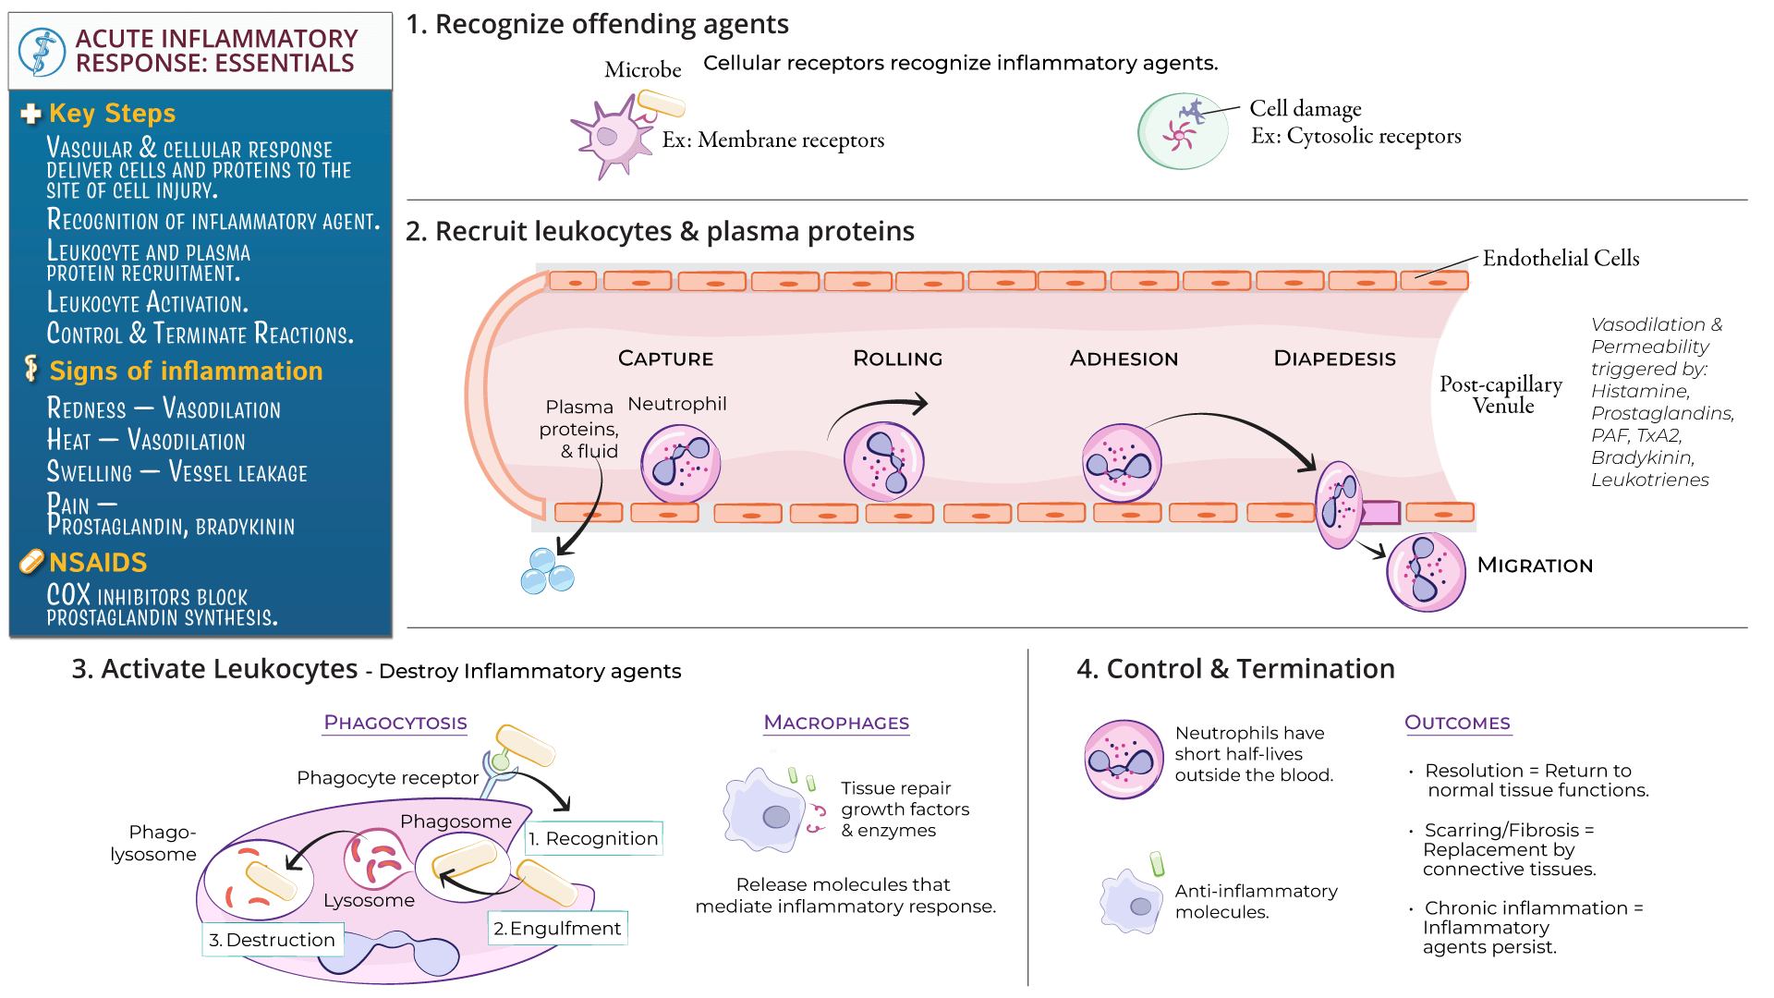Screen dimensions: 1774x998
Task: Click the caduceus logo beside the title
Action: click(x=42, y=51)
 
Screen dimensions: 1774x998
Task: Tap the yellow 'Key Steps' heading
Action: click(x=112, y=113)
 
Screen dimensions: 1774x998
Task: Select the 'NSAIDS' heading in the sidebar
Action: click(x=98, y=562)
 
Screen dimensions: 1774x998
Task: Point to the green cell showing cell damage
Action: click(x=1183, y=131)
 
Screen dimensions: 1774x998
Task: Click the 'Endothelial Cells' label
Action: click(x=1561, y=258)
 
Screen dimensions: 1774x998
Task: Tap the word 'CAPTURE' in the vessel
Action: click(x=665, y=359)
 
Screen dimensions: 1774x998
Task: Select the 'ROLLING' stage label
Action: click(x=897, y=359)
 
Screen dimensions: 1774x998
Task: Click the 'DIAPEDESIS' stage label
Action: click(x=1334, y=359)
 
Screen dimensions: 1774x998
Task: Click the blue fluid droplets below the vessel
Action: click(x=547, y=571)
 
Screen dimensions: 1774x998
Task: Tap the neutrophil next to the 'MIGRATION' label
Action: click(x=1426, y=572)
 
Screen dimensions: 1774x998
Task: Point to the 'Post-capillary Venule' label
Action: click(x=1501, y=395)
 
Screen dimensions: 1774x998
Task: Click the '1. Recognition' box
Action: click(x=594, y=838)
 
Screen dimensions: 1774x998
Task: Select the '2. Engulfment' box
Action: click(x=558, y=928)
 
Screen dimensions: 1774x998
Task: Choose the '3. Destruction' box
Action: click(x=273, y=940)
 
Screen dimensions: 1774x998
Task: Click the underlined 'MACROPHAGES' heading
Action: click(x=836, y=723)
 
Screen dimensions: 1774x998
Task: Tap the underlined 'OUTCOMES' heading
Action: click(x=1457, y=723)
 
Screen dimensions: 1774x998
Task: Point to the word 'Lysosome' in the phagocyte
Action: click(x=369, y=900)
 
